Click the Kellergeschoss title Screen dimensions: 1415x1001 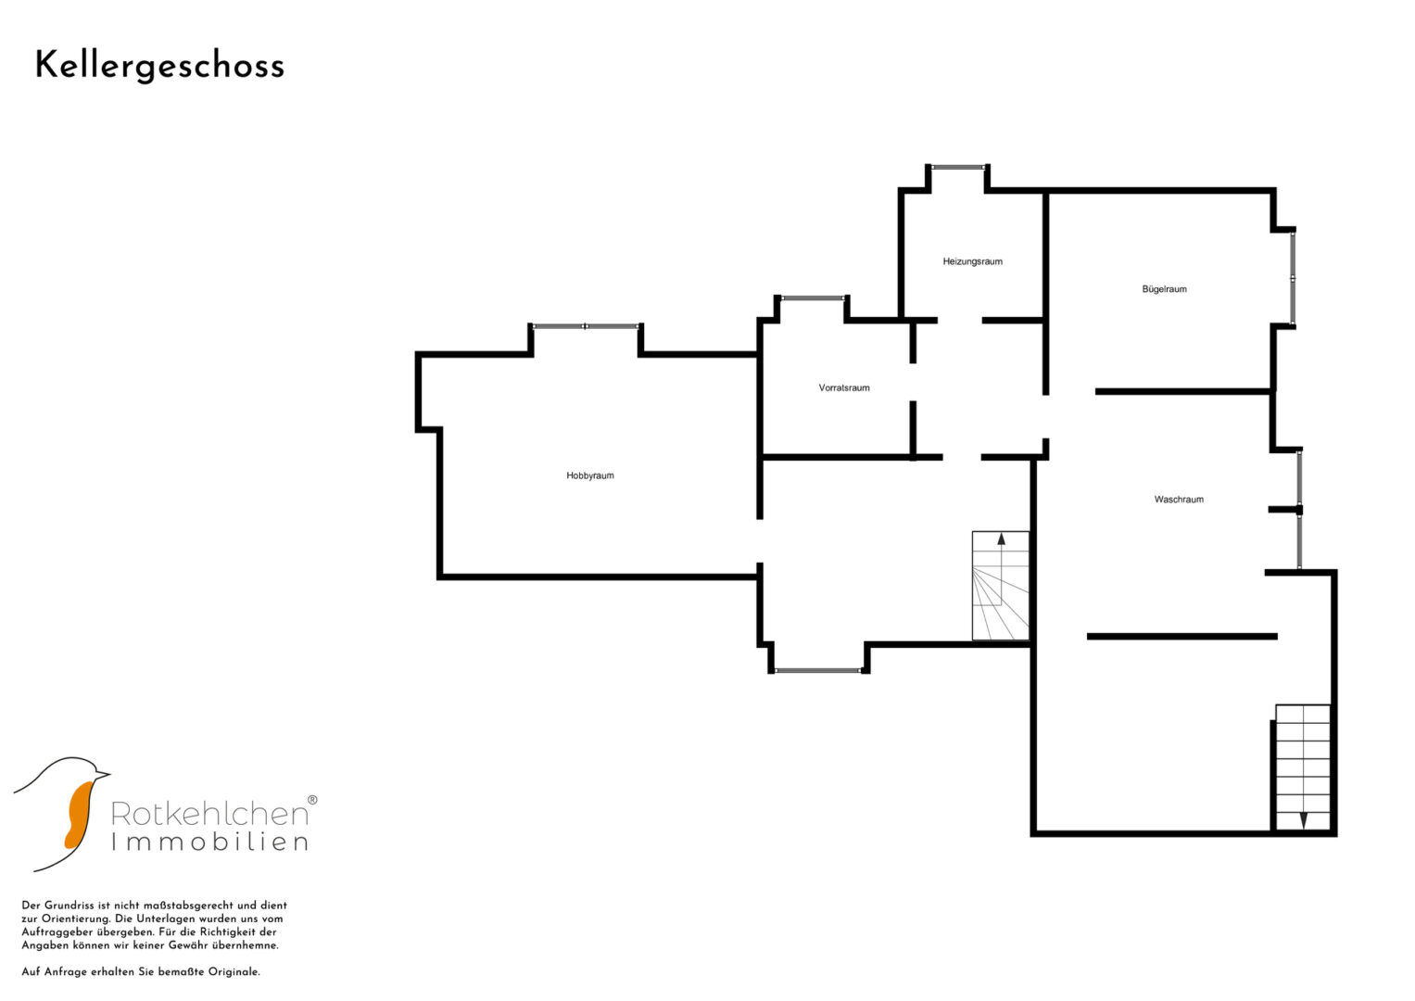tap(159, 67)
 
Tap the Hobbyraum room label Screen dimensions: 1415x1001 tap(590, 475)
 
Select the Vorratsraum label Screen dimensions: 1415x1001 tap(844, 388)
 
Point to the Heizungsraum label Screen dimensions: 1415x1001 tap(972, 261)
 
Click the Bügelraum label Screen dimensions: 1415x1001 tap(1164, 289)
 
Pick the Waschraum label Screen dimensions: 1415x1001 tap(1179, 500)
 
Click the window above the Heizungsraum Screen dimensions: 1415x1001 tap(958, 168)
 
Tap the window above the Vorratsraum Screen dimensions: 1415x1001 tap(813, 298)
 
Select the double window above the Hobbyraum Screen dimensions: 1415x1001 tap(586, 326)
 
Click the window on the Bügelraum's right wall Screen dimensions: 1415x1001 tap(1293, 279)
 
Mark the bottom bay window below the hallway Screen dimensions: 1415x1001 tap(818, 670)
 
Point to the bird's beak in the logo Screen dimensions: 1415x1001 tap(102, 774)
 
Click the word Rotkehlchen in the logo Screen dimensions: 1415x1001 tap(209, 814)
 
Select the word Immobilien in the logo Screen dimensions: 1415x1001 tap(209, 842)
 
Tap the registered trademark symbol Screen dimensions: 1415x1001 tap(312, 800)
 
